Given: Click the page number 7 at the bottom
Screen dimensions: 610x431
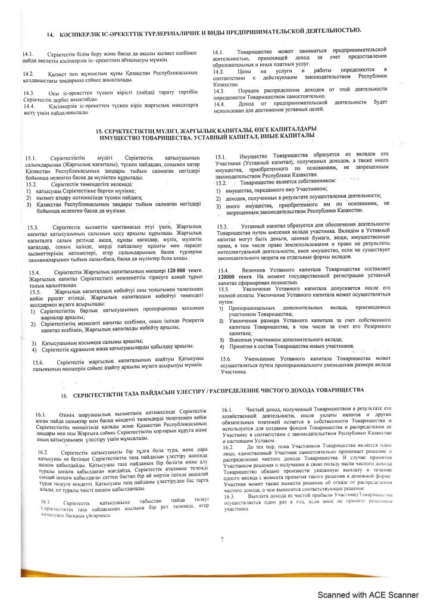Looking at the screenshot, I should pyautogui.click(x=221, y=540).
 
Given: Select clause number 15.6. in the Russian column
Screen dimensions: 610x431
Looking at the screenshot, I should pyautogui.click(x=226, y=357).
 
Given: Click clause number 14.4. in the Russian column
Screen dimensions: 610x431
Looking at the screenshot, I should pyautogui.click(x=218, y=102).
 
